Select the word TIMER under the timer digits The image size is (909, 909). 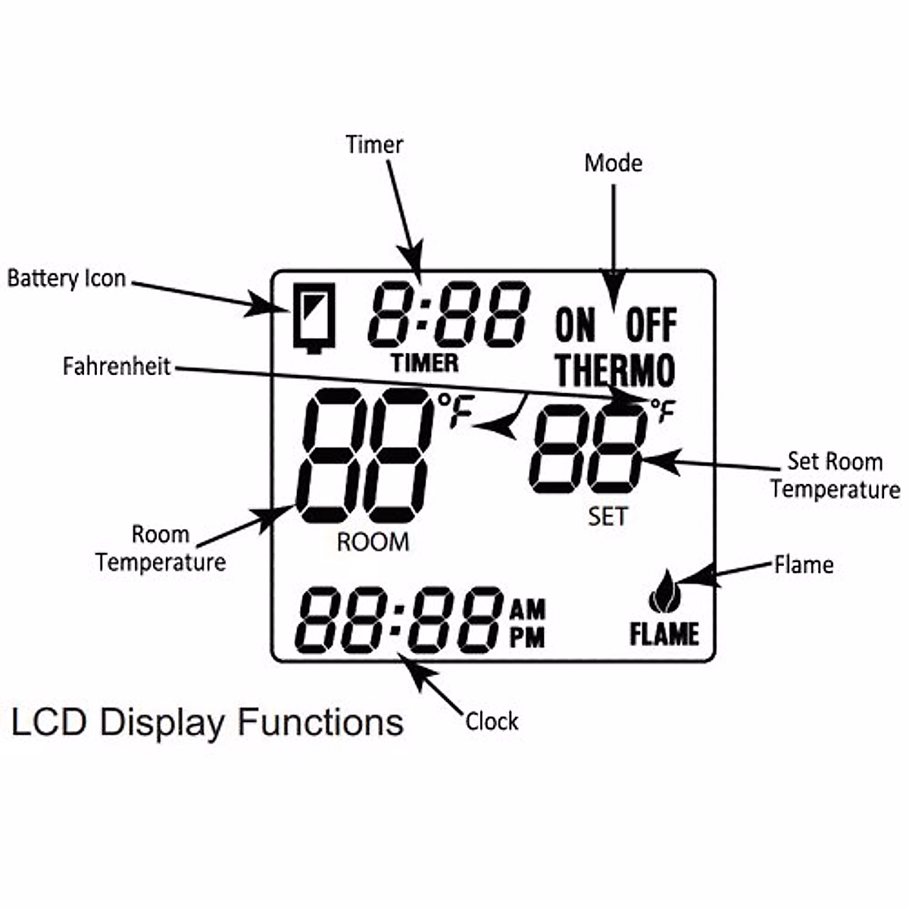[x=425, y=364]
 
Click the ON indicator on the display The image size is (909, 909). [x=576, y=326]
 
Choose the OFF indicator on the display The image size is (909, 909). [x=651, y=326]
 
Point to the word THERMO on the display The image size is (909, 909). [x=614, y=370]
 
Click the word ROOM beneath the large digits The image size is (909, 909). [x=373, y=542]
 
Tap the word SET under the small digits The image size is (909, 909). [x=608, y=517]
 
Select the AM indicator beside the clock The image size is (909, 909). [x=527, y=609]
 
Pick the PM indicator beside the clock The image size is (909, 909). [x=527, y=637]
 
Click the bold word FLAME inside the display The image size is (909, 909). [x=664, y=635]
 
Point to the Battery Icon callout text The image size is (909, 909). [x=67, y=279]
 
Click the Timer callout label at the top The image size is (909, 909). [x=374, y=145]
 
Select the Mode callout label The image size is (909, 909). [x=614, y=163]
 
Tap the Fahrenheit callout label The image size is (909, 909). [x=117, y=367]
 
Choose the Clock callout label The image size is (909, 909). [x=492, y=722]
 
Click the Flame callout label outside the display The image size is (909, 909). [x=804, y=564]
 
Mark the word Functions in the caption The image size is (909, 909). [x=320, y=722]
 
